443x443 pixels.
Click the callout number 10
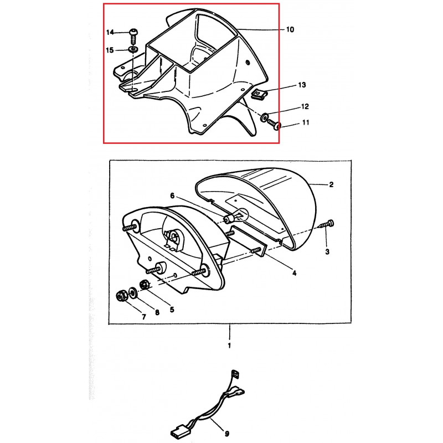click(x=290, y=29)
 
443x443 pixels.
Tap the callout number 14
click(x=110, y=32)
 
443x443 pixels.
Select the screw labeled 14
click(x=134, y=36)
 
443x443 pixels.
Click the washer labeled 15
click(x=133, y=49)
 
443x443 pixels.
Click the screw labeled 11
click(x=274, y=123)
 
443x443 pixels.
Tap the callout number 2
click(x=331, y=184)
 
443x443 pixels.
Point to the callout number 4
click(x=294, y=273)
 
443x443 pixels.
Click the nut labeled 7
click(x=121, y=296)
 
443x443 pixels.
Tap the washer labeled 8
click(x=133, y=292)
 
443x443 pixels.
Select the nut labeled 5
click(x=145, y=285)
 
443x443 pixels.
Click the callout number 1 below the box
click(x=229, y=345)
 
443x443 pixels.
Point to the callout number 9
click(x=226, y=434)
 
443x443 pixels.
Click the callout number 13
click(x=302, y=85)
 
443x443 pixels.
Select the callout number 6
click(x=172, y=196)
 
